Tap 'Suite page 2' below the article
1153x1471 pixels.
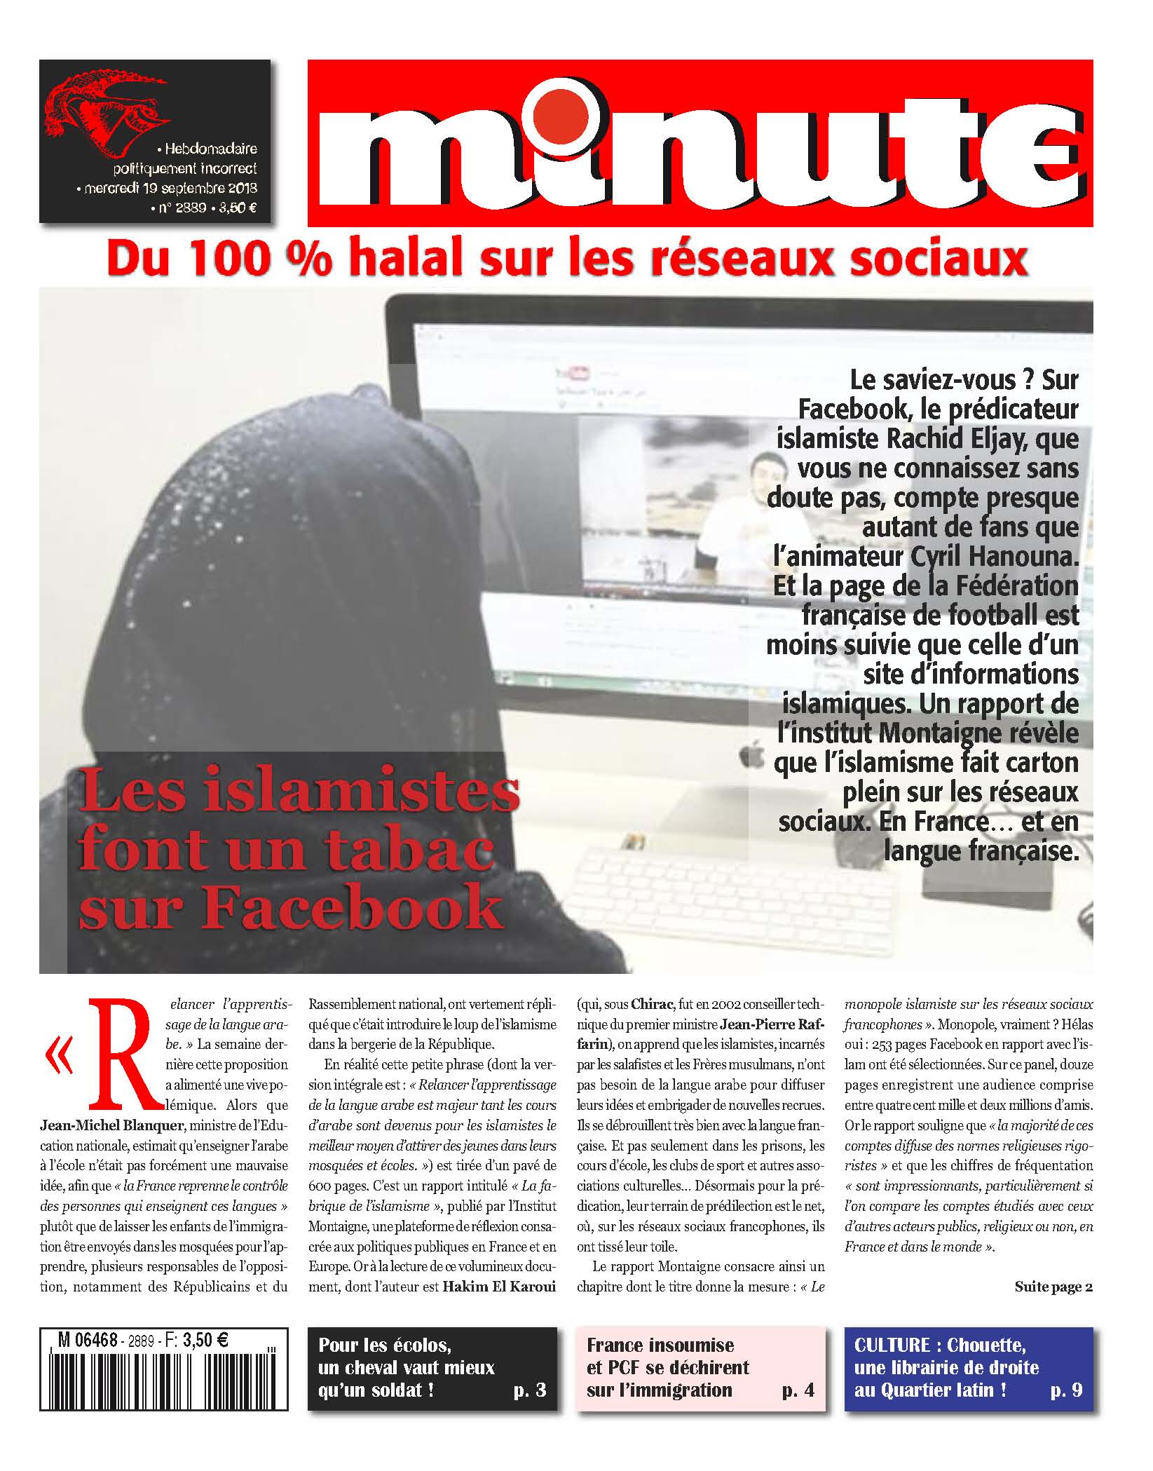click(x=1053, y=1286)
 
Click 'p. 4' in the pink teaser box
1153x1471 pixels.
click(x=798, y=1390)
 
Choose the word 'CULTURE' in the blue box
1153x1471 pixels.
click(x=892, y=1345)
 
